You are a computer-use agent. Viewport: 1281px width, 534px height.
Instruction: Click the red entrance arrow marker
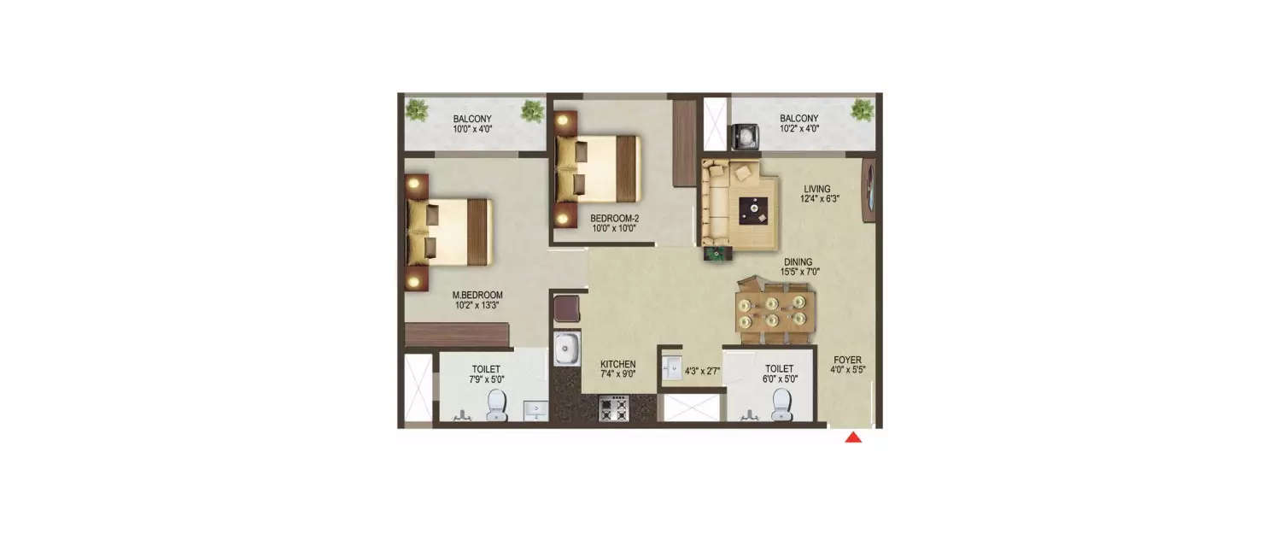pos(853,438)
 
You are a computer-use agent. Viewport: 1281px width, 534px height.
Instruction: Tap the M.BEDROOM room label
pos(477,295)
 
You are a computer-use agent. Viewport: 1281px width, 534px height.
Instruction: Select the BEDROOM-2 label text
pos(615,218)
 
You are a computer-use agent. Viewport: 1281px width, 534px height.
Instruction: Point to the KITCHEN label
pos(617,363)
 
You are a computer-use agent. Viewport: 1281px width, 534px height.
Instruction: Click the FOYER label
pos(848,360)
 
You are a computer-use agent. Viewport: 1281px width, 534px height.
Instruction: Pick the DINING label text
pos(799,262)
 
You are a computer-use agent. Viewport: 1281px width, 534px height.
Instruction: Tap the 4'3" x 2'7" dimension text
pos(703,372)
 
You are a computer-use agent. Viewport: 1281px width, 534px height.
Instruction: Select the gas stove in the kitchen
pos(613,408)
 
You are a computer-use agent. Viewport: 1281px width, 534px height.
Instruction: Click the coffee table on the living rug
pos(753,208)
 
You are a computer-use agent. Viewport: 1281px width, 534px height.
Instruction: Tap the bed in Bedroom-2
pos(598,167)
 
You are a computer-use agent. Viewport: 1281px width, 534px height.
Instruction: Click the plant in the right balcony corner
pos(863,110)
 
